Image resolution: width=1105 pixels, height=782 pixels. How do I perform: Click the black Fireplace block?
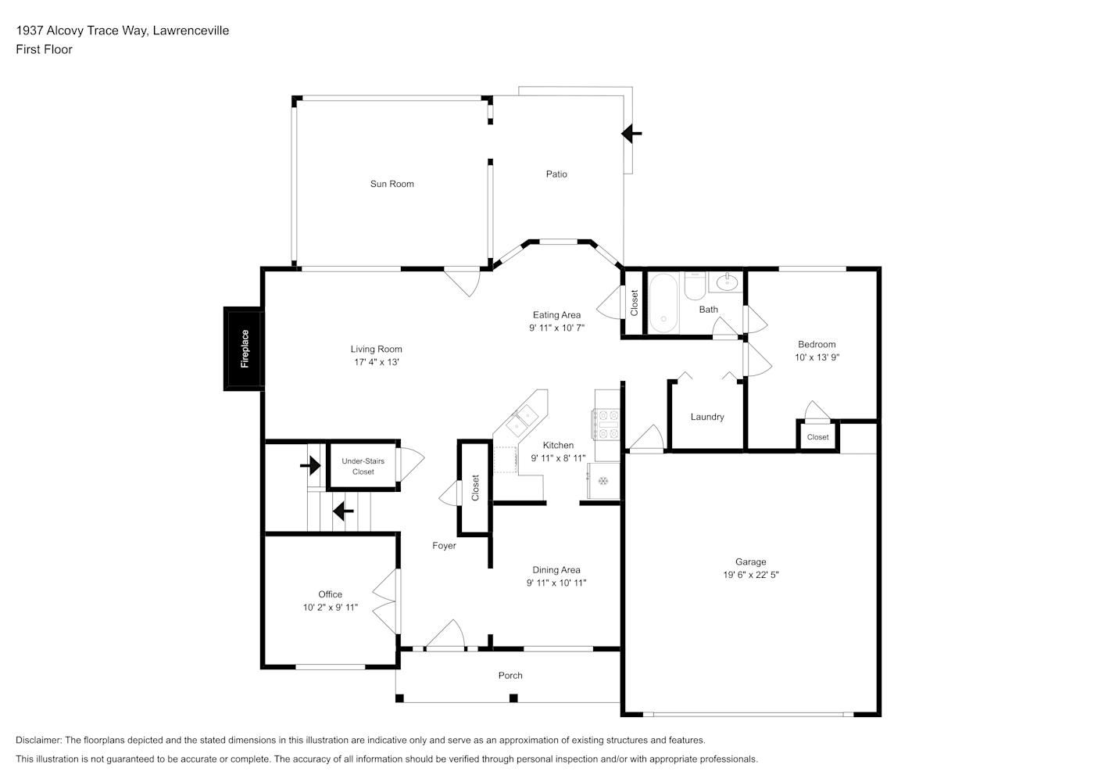click(244, 349)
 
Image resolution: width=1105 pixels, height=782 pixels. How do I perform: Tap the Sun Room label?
click(392, 184)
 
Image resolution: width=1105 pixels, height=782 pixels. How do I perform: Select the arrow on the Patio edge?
click(631, 134)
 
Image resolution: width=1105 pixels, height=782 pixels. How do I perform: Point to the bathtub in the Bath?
click(664, 303)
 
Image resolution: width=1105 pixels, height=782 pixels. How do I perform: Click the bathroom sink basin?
click(727, 282)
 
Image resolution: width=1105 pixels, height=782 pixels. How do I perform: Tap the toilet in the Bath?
click(695, 287)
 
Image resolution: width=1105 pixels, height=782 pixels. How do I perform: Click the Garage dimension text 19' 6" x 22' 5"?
click(751, 575)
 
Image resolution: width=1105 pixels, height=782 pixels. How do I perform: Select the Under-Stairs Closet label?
click(363, 467)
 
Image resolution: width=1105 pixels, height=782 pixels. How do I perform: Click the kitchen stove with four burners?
click(606, 425)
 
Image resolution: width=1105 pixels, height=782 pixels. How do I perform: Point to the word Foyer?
click(444, 546)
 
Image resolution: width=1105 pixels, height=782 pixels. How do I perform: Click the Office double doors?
click(386, 601)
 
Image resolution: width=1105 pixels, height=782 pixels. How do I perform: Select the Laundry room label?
click(707, 417)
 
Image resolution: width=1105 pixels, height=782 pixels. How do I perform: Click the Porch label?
click(510, 676)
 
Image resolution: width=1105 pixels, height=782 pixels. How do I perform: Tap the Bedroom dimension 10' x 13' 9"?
click(817, 357)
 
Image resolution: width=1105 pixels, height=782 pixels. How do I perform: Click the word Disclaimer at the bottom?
click(39, 740)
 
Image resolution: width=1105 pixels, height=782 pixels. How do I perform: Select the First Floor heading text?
click(44, 49)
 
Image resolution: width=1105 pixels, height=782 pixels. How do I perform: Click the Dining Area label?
click(556, 570)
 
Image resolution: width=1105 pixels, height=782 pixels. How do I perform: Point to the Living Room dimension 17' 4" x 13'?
click(377, 362)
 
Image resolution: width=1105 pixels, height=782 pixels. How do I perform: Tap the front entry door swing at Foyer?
click(445, 634)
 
